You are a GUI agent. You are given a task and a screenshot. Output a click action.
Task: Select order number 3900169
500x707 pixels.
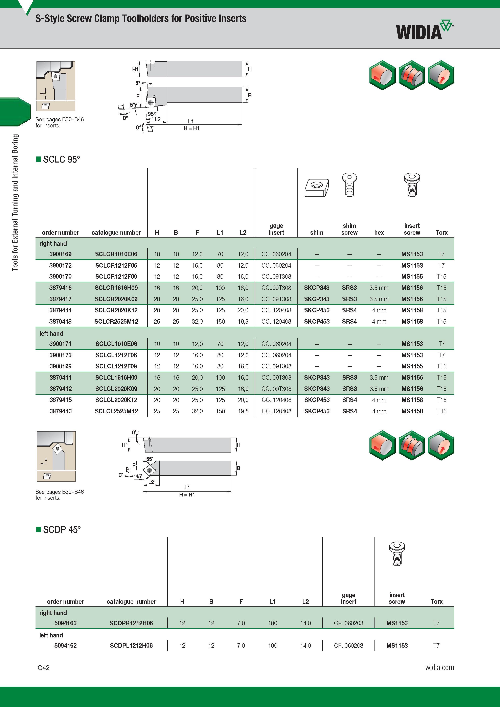point(60,254)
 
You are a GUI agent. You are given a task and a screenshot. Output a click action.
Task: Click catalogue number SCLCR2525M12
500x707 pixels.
point(116,321)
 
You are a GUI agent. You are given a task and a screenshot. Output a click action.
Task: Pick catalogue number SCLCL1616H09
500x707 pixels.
point(116,377)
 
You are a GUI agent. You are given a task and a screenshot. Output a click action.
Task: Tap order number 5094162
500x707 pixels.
point(65,645)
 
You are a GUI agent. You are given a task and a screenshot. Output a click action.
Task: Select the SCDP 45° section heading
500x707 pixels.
point(59,529)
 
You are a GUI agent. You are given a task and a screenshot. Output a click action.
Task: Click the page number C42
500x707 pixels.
point(43,668)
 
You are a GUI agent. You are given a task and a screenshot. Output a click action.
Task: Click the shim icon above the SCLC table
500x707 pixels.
point(317,188)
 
